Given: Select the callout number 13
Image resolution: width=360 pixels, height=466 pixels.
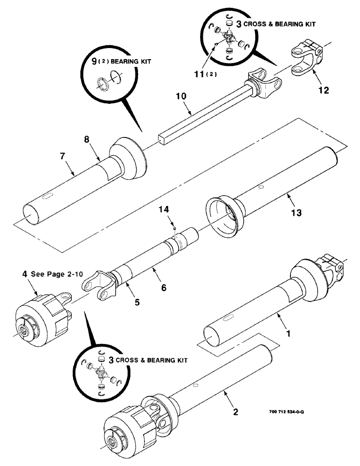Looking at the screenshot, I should pyautogui.click(x=296, y=213).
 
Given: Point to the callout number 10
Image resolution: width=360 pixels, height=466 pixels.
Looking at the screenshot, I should pyautogui.click(x=181, y=96).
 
